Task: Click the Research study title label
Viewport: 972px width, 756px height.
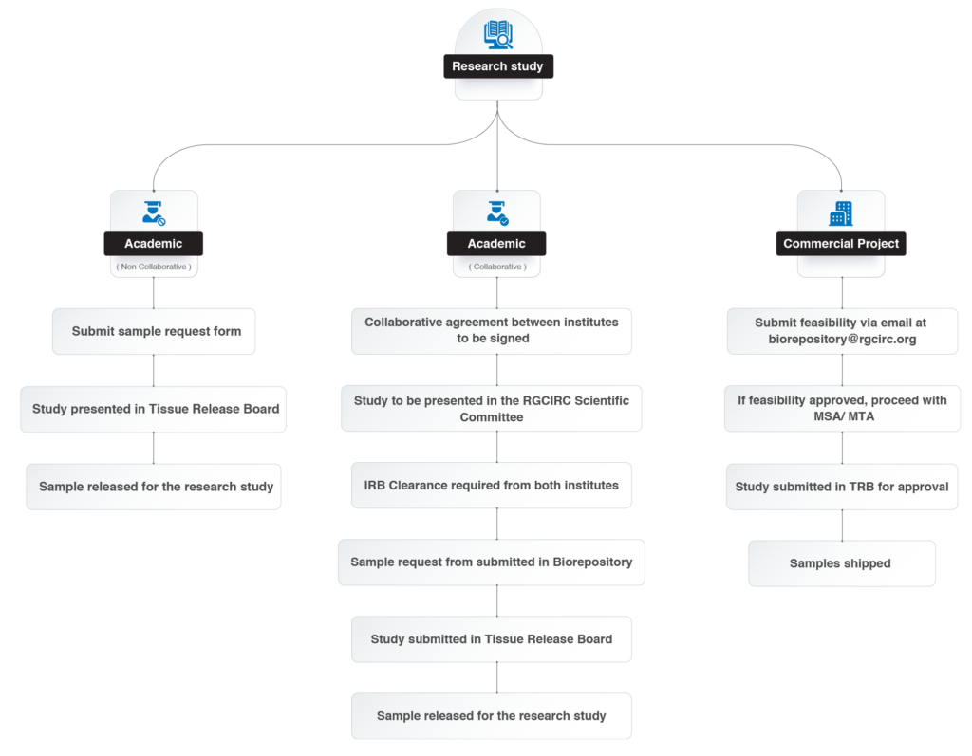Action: pyautogui.click(x=498, y=66)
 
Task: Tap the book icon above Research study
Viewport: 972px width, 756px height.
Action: pyautogui.click(x=498, y=35)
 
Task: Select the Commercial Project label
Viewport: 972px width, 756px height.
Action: pyautogui.click(x=841, y=244)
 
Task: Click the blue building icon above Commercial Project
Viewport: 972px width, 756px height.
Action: pyautogui.click(x=841, y=213)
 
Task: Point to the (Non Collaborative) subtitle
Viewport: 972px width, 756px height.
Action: pyautogui.click(x=154, y=267)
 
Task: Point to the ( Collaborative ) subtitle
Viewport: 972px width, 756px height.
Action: pyautogui.click(x=497, y=267)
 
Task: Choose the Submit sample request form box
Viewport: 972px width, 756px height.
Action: pyautogui.click(x=154, y=332)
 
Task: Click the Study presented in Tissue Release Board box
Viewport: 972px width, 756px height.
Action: pyautogui.click(x=153, y=409)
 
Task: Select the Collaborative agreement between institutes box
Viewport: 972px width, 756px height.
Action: pyautogui.click(x=492, y=331)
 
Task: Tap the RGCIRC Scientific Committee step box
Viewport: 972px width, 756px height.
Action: pyautogui.click(x=492, y=409)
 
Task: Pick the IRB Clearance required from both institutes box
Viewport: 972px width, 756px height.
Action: pyautogui.click(x=492, y=486)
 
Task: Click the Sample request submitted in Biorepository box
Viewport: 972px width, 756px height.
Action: pyautogui.click(x=492, y=562)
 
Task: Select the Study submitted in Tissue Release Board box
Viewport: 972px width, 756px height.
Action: pyautogui.click(x=492, y=639)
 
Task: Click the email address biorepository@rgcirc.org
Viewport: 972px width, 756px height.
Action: pyautogui.click(x=843, y=339)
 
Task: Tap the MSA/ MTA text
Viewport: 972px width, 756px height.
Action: pyautogui.click(x=844, y=416)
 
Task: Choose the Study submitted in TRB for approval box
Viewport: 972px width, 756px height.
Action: pyautogui.click(x=842, y=487)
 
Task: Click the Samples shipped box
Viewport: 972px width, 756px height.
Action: pyautogui.click(x=842, y=563)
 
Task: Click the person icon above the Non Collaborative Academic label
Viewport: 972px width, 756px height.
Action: pyautogui.click(x=153, y=212)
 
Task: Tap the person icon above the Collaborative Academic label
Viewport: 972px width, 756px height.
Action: pyautogui.click(x=497, y=212)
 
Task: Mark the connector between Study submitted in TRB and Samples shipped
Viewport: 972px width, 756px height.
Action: pyautogui.click(x=842, y=525)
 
